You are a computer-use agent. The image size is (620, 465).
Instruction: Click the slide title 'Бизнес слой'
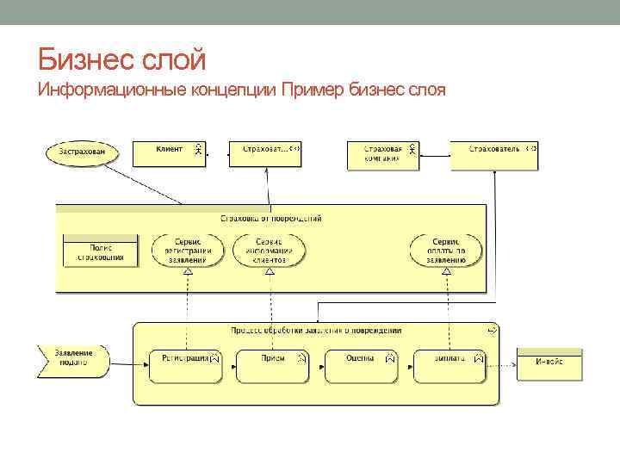click(x=121, y=60)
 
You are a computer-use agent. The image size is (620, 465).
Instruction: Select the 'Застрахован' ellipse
click(x=77, y=153)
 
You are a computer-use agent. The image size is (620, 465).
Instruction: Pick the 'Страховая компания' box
click(x=382, y=154)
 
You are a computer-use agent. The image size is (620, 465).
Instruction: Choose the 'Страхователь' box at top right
click(x=495, y=154)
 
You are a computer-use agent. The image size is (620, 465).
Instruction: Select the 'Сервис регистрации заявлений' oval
click(x=187, y=250)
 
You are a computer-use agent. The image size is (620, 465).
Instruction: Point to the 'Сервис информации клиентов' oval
click(x=269, y=250)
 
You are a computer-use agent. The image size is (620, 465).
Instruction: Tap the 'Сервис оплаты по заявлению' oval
click(x=445, y=250)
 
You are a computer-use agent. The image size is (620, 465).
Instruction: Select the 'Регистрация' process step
click(x=186, y=365)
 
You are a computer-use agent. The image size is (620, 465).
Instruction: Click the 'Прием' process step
click(x=273, y=365)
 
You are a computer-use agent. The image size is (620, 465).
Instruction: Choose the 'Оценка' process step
click(x=360, y=365)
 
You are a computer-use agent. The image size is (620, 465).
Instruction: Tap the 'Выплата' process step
click(x=449, y=365)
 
